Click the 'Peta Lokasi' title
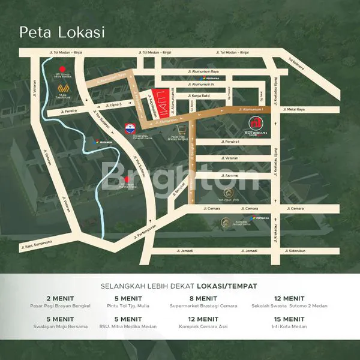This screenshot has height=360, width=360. click(x=62, y=32)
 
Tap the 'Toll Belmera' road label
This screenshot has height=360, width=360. click(x=296, y=63)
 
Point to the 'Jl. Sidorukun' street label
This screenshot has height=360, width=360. click(x=295, y=250)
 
